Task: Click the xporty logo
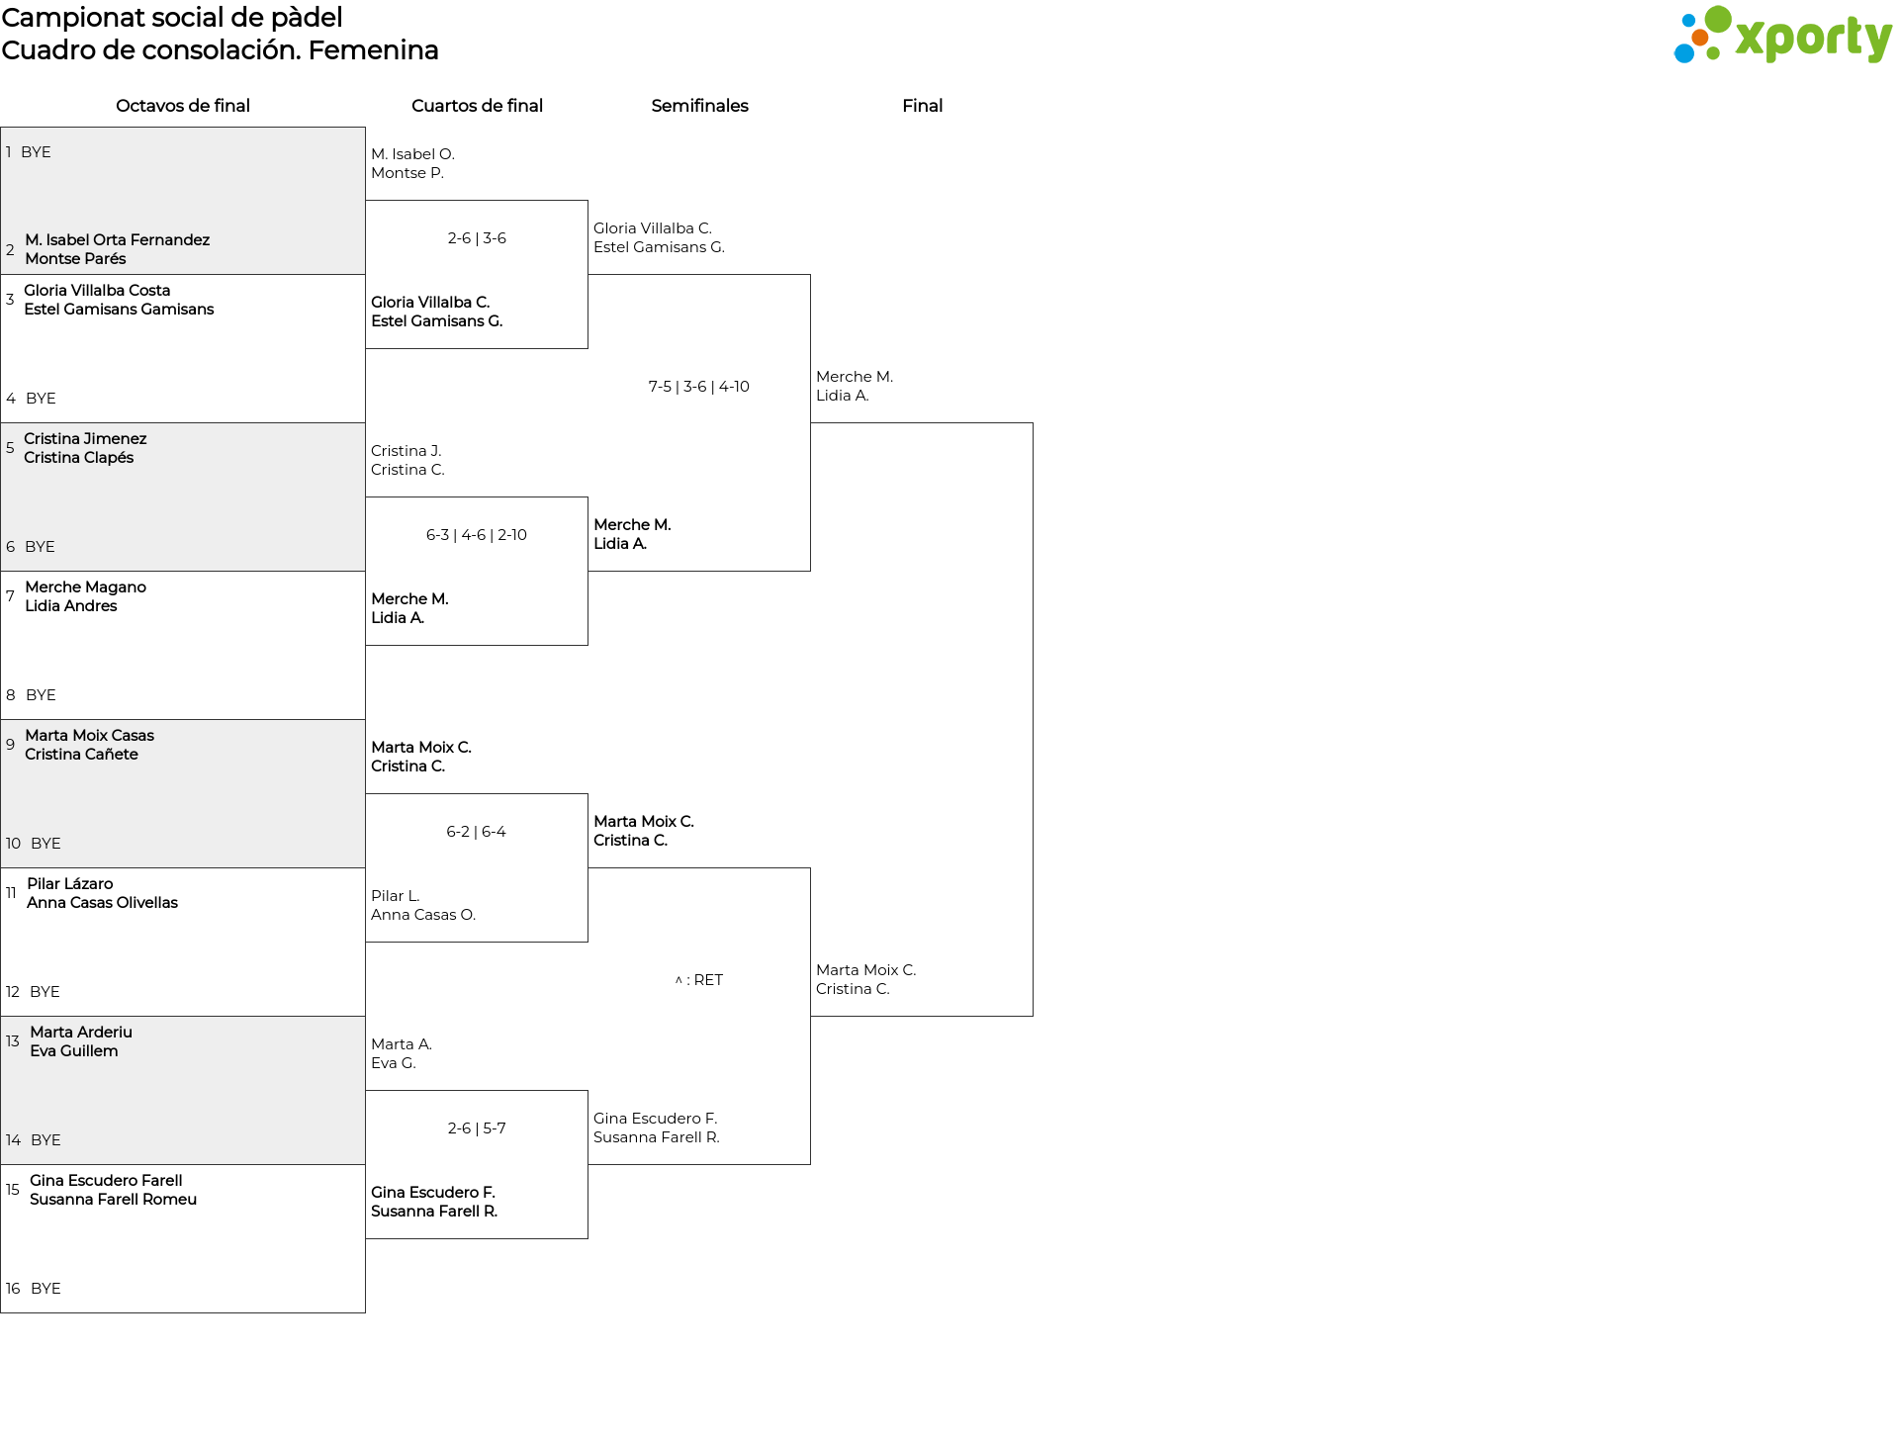1782,36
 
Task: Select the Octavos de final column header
183,106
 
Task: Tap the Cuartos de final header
477,106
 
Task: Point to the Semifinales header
699,106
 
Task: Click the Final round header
922,106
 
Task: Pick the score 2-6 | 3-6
477,238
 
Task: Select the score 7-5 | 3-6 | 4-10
699,387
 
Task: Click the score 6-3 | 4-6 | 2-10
477,535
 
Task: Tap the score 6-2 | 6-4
476,832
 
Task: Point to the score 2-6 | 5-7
477,1128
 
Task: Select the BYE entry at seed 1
36,152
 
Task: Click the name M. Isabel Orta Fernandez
118,240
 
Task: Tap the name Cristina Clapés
79,458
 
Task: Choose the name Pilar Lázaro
70,884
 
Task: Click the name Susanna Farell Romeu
114,1200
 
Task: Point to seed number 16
13,1289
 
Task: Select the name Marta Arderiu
81,1033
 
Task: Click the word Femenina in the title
374,50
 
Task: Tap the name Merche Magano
86,587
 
